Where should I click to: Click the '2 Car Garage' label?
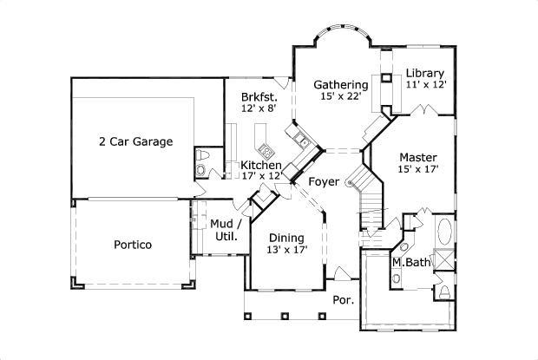[x=135, y=141]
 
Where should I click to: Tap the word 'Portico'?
[x=133, y=245]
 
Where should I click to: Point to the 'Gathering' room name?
[x=340, y=85]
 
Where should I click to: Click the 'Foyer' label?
[x=323, y=181]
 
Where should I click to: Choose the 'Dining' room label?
[x=285, y=238]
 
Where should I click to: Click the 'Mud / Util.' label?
[x=225, y=229]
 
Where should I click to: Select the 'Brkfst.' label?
[x=259, y=97]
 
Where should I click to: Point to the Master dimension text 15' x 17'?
[x=418, y=169]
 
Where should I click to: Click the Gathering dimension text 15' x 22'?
[x=340, y=97]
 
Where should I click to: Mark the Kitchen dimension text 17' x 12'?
[x=260, y=176]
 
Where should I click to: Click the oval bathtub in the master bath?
[x=443, y=232]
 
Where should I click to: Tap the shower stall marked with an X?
[x=443, y=260]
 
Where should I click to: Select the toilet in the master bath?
[x=443, y=291]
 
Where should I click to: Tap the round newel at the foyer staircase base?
[x=351, y=182]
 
